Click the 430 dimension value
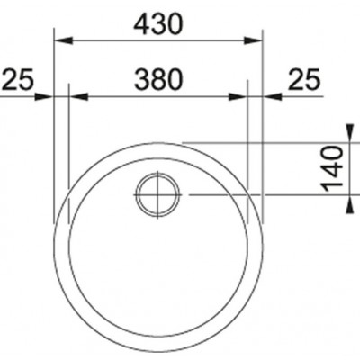tap(157, 24)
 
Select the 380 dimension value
tap(158, 79)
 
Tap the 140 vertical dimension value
tap(332, 169)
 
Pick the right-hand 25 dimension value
tap(304, 79)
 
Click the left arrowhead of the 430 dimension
tap(63, 40)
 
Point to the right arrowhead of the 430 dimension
tap(253, 40)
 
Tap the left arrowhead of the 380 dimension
tap(78, 96)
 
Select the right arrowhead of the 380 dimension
tap(238, 96)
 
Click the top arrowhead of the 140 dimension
tap(350, 132)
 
